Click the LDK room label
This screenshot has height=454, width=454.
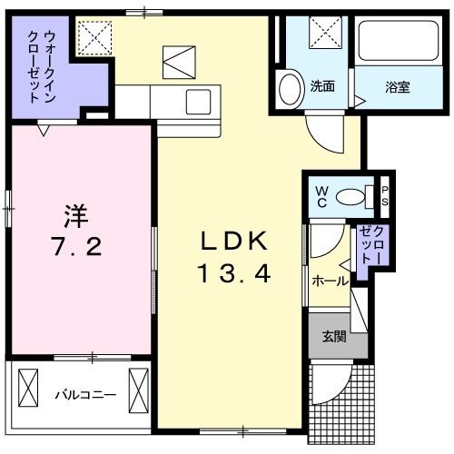point(232,242)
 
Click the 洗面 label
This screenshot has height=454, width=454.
point(322,87)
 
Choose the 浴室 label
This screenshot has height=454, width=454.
point(397,87)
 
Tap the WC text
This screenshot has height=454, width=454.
point(321,195)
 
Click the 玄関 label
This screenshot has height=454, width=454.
point(333,336)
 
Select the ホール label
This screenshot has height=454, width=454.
point(329,281)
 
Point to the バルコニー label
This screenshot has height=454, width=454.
point(84,395)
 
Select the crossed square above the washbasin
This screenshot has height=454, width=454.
point(323,34)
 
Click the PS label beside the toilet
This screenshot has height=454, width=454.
point(385,195)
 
